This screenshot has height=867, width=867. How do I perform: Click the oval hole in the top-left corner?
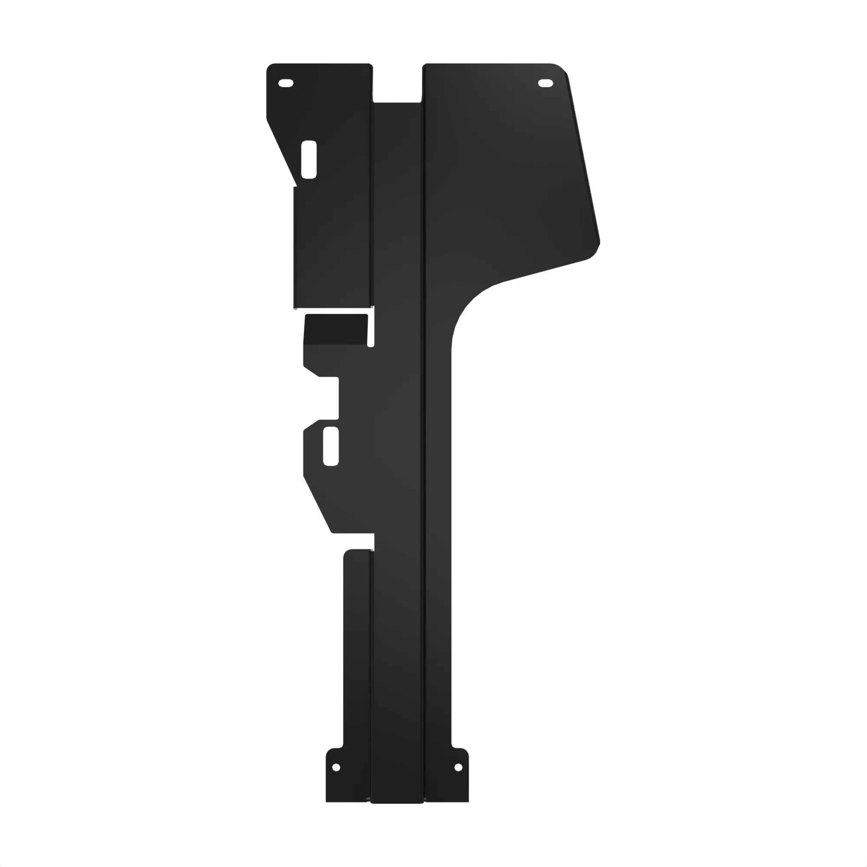pyautogui.click(x=286, y=83)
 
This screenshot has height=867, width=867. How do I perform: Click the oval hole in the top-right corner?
pyautogui.click(x=546, y=84)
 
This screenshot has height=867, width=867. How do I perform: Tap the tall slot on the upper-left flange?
pyautogui.click(x=309, y=159)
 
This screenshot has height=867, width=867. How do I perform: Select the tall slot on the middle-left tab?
pyautogui.click(x=331, y=446)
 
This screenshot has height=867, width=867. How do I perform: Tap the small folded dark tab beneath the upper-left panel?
pyautogui.click(x=336, y=328)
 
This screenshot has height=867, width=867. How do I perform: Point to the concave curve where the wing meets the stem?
pyautogui.click(x=467, y=310)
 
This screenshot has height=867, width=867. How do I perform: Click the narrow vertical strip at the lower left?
pyautogui.click(x=357, y=651)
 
